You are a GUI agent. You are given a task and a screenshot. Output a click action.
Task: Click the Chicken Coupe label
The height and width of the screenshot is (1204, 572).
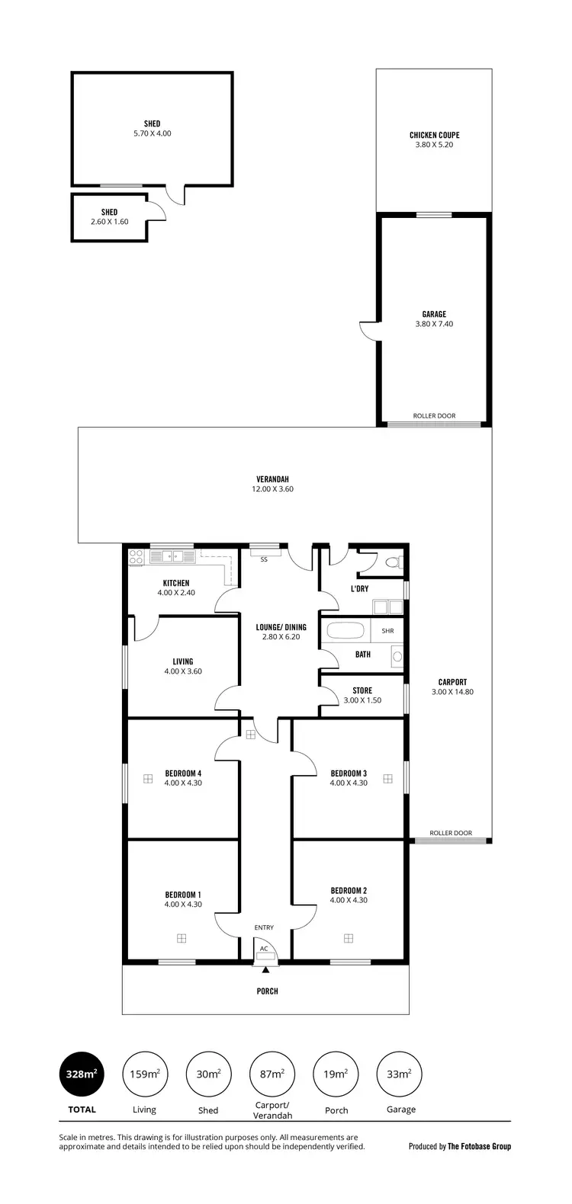pos(434,135)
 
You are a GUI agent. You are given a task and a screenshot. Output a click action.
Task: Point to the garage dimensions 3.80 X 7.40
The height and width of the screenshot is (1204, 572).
pos(434,324)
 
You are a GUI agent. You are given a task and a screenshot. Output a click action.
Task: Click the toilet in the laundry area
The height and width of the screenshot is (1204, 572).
pos(393,563)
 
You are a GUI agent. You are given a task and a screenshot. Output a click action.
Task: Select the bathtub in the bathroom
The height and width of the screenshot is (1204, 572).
pos(345,632)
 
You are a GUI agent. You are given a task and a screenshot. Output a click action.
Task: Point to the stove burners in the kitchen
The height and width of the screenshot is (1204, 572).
pos(137,557)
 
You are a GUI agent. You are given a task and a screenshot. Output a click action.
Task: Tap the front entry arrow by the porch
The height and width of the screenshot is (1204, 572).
pos(265,970)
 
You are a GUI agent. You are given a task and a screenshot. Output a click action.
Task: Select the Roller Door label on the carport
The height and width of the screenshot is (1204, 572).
pos(451,833)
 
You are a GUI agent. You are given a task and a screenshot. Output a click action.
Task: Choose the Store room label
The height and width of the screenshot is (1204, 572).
pos(362,690)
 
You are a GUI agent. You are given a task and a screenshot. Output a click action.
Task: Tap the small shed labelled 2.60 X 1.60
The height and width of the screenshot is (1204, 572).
pos(110,217)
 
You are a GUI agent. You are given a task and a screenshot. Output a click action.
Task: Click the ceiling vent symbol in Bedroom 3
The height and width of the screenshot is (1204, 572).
pos(387,778)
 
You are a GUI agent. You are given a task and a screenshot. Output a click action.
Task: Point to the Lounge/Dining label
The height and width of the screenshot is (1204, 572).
pos(281,627)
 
